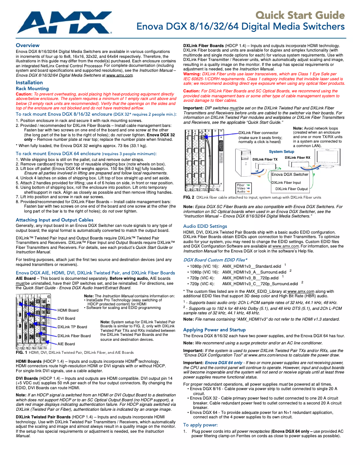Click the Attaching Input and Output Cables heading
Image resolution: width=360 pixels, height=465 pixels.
[54, 220]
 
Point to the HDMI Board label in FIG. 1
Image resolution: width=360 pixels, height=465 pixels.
[69, 310]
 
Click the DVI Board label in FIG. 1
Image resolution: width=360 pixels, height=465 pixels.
[66, 318]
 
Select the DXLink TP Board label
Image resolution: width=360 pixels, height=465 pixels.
[72, 327]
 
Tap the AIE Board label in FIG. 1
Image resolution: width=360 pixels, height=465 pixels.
[66, 343]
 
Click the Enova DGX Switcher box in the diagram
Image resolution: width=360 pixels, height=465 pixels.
[290, 174]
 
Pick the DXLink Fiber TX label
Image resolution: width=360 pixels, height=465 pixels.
[265, 160]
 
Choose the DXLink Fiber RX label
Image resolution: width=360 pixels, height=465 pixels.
[297, 158]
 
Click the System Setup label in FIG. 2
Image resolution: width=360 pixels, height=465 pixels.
[281, 152]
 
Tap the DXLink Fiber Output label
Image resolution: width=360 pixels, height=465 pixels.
[291, 189]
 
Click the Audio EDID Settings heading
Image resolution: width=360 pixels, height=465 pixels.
[205, 226]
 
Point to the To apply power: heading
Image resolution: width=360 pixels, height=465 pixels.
[201, 425]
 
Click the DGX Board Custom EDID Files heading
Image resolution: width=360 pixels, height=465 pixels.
[215, 260]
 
